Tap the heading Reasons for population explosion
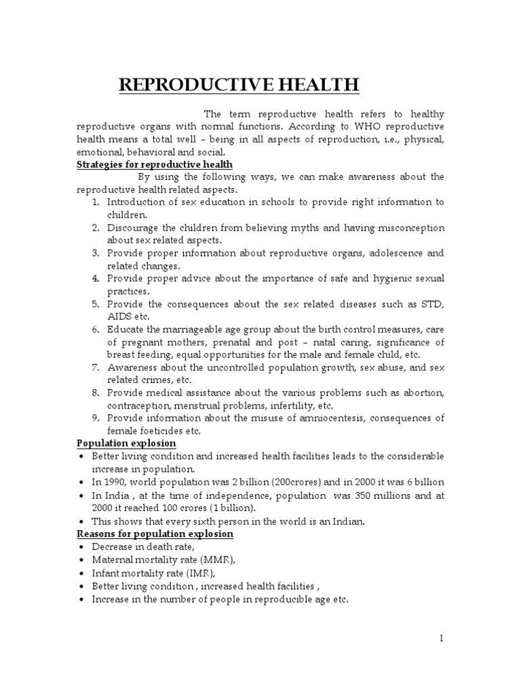(155, 533)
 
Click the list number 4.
(96, 278)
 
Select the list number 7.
(96, 367)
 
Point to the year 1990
(119, 481)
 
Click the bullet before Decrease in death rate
(81, 546)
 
